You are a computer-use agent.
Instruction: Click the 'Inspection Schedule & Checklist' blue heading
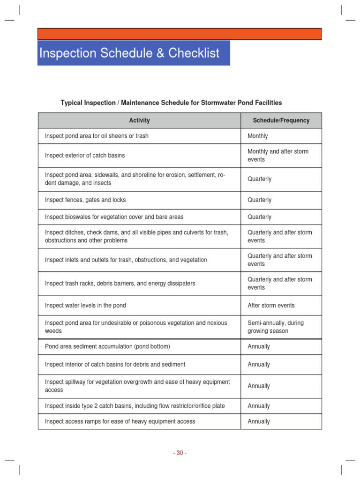[129, 53]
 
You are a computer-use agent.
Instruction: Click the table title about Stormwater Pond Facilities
[171, 102]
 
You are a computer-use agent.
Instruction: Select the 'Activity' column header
[139, 120]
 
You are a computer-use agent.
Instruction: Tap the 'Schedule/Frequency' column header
[281, 120]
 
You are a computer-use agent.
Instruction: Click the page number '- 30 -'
[180, 453]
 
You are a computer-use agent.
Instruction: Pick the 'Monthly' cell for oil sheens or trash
[258, 136]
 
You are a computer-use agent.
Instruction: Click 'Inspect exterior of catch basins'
[85, 155]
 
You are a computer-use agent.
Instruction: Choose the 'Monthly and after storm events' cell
[278, 155]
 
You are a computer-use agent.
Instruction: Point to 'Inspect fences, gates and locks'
[85, 200]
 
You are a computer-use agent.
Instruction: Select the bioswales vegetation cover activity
[114, 217]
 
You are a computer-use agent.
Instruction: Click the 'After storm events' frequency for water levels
[271, 305]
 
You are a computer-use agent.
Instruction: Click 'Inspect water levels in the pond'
[85, 305]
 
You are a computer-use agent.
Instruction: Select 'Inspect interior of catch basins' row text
[115, 364]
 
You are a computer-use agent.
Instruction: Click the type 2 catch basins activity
[135, 406]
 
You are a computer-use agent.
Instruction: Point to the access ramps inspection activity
[120, 421]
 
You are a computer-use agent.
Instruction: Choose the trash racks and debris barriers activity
[120, 284]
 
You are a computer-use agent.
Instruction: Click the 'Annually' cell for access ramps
[259, 421]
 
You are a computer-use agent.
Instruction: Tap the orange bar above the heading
[180, 34]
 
